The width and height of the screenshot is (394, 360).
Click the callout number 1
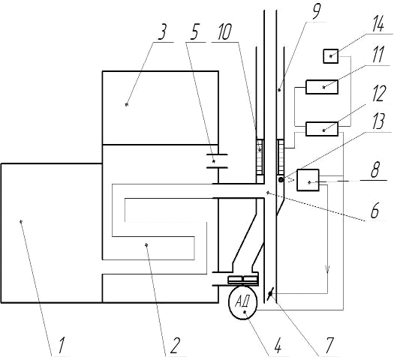(x=62, y=345)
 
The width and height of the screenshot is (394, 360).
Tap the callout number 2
(x=175, y=345)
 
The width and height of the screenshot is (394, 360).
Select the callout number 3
(x=162, y=32)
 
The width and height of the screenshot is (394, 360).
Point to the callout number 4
(x=277, y=345)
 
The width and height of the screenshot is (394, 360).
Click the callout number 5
(x=194, y=32)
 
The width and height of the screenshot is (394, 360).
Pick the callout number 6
(x=374, y=209)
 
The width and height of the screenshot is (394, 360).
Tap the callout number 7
(x=329, y=345)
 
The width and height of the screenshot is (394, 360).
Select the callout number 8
(x=374, y=169)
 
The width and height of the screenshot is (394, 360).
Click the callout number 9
(x=316, y=12)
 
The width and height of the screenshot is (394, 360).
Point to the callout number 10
(x=224, y=32)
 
